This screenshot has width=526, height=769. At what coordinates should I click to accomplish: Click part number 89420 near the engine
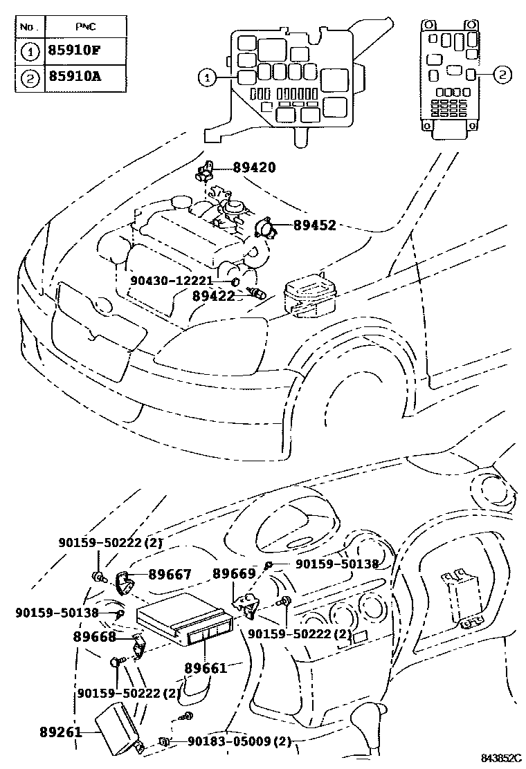coord(254,167)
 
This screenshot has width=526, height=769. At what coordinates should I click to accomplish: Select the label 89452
coord(314,225)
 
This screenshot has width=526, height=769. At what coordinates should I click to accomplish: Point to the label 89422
coord(213,295)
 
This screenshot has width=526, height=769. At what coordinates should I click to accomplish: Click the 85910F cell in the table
coord(75,50)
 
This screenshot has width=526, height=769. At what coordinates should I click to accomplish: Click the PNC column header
coord(85,26)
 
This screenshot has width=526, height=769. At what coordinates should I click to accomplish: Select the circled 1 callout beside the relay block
coord(206,77)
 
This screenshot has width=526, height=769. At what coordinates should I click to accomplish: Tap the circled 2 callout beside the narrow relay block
coord(503,75)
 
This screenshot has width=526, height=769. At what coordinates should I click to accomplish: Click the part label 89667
coord(170,575)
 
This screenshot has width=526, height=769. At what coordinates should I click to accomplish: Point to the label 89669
coord(234,574)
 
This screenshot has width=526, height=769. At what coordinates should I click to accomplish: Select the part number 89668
coord(96,636)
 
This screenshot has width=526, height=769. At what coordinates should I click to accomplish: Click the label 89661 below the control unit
coord(206,669)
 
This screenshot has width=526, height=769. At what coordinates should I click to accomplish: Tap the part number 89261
coord(60,732)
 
